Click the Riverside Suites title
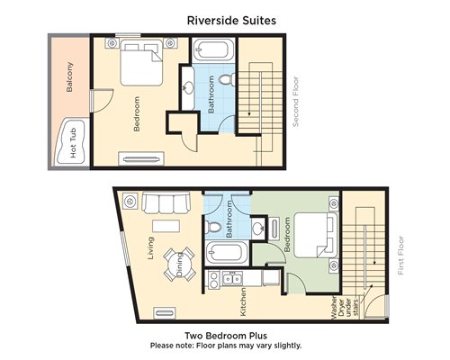pos(231,21)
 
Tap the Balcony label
pos(69,76)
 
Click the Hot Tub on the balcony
pos(71,142)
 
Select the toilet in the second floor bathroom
pos(228,79)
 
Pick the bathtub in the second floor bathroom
pos(212,49)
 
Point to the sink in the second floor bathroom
pos(188,88)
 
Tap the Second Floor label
pos(295,102)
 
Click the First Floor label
pos(400,256)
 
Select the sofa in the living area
pos(166,202)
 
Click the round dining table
pos(179,264)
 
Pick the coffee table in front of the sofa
pos(166,226)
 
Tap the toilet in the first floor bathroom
pos(214,227)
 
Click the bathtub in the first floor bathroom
pos(227,253)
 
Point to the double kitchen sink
pos(232,279)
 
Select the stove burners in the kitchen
pos(214,280)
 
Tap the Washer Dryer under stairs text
pos(345,308)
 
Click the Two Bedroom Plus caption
pos(226,336)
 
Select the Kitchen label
pos(243,301)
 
